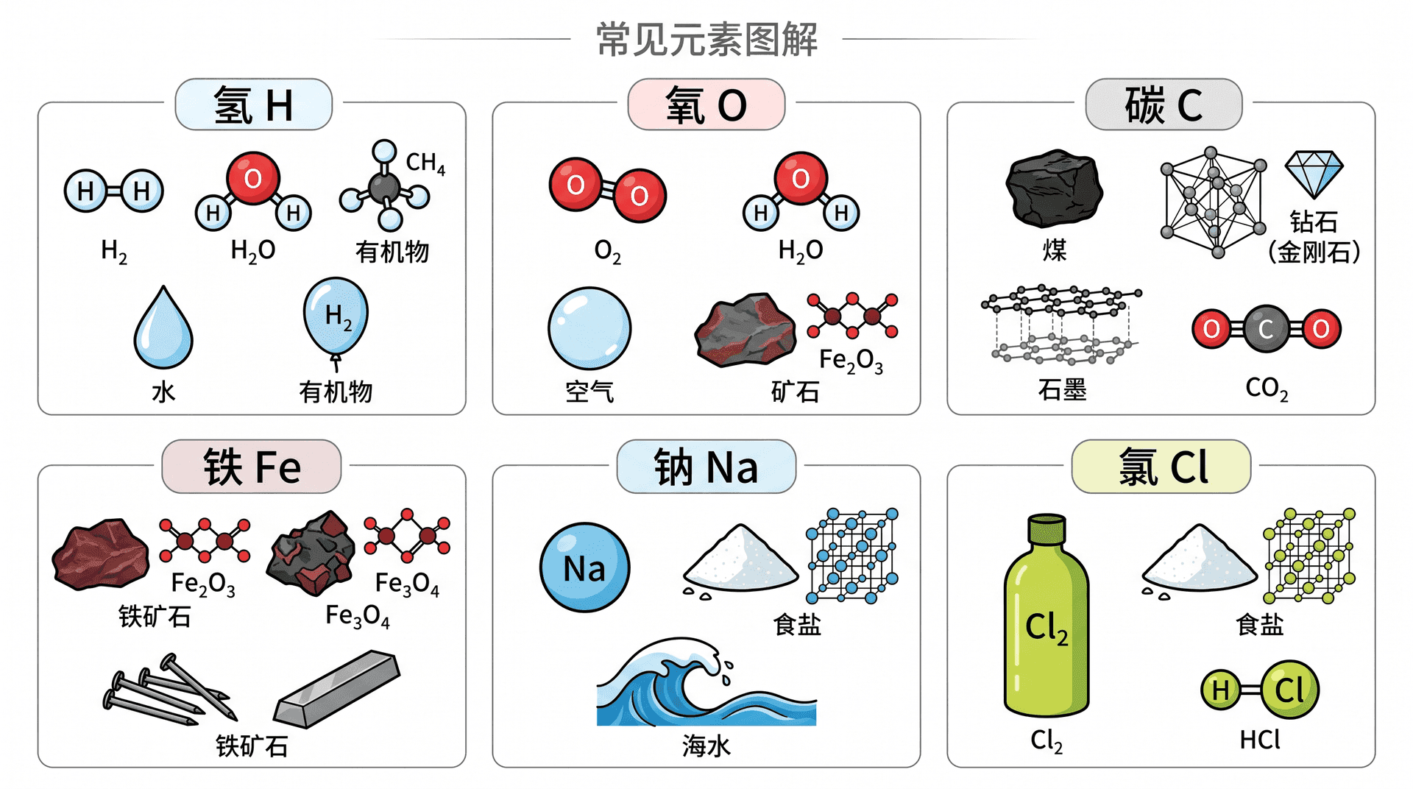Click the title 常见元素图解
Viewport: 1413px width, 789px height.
point(706,39)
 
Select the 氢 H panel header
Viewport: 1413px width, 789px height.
point(253,105)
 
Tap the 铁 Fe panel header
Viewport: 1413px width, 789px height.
point(252,467)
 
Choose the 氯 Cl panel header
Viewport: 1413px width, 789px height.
point(1161,467)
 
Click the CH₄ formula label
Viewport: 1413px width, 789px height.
point(425,163)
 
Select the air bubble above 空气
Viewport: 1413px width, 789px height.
point(589,328)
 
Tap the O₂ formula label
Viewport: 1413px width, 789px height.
point(607,252)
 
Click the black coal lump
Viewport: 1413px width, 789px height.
point(1054,188)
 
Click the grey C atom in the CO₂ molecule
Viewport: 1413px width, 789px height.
point(1266,329)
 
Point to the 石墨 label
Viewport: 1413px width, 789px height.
point(1062,389)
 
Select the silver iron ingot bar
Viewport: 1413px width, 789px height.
point(337,689)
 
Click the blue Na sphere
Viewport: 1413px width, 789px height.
point(585,567)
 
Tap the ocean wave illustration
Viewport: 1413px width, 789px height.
point(705,682)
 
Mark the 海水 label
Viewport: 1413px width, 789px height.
point(706,746)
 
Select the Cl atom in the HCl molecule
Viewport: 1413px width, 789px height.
point(1289,690)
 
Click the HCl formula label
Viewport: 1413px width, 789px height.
point(1260,740)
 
